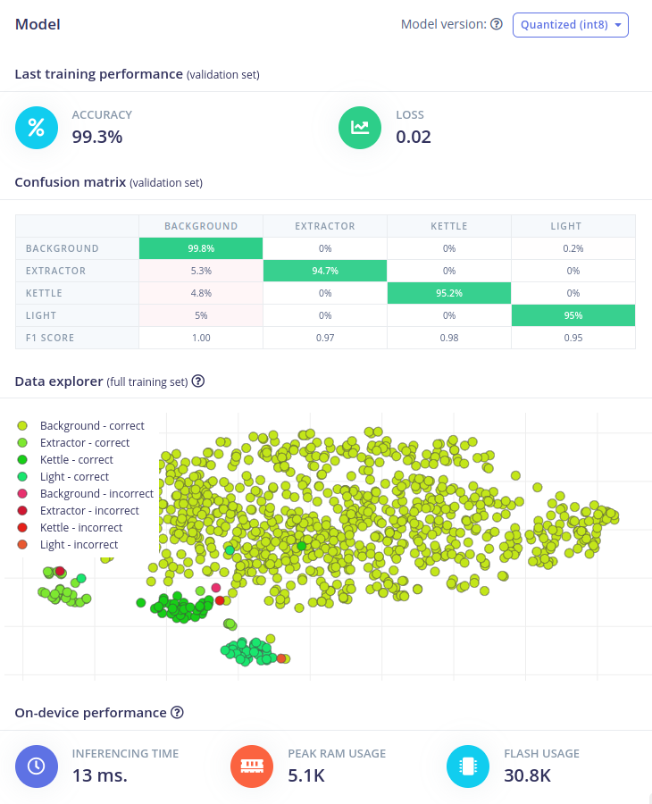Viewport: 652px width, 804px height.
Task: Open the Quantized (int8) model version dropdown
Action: [x=570, y=25]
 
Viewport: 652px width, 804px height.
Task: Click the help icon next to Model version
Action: [x=497, y=25]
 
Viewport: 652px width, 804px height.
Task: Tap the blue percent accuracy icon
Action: [x=37, y=127]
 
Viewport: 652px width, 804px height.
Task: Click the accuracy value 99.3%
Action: [x=97, y=137]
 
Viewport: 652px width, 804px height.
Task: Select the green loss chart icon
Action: [x=360, y=127]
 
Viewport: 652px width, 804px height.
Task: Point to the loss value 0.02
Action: [x=414, y=137]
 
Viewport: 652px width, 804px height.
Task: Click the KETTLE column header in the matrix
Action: [x=448, y=226]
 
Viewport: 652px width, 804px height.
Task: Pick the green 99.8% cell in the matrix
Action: [x=201, y=248]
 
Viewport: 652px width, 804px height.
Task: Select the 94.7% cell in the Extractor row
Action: [x=325, y=271]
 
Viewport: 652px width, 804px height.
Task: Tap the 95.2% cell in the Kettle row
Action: [x=448, y=293]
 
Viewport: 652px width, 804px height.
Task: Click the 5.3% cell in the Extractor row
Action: [x=201, y=271]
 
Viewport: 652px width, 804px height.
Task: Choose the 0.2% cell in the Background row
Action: [x=573, y=248]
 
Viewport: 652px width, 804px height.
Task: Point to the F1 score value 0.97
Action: [x=325, y=338]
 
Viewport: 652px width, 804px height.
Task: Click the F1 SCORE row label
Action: [x=50, y=338]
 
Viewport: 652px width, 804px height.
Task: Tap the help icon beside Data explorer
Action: [x=198, y=381]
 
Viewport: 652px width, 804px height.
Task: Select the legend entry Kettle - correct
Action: [x=77, y=460]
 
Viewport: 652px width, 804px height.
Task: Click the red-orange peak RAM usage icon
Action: [x=252, y=766]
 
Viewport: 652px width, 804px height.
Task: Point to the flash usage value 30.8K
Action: [x=527, y=775]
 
